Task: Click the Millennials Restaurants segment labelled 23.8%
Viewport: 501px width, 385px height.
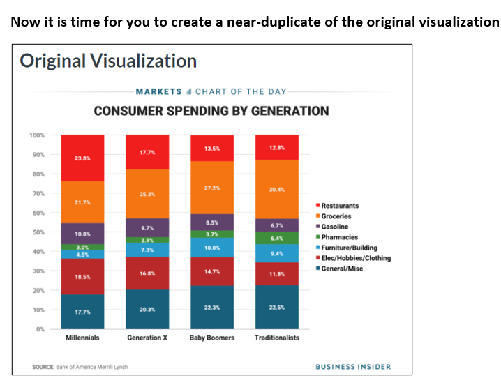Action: click(x=82, y=158)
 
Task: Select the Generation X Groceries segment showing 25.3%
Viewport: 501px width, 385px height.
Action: click(x=147, y=194)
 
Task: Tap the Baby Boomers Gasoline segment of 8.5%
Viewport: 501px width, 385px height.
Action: click(x=212, y=222)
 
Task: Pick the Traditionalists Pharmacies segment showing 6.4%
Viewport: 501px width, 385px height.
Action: click(x=277, y=238)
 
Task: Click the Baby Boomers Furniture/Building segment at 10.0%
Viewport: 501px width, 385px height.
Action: click(x=212, y=248)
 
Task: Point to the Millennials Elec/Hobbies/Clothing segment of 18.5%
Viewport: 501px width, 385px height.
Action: click(x=82, y=277)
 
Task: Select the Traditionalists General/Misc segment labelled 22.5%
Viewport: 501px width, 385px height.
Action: click(x=277, y=307)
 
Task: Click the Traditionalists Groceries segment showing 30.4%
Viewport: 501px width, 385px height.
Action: click(x=277, y=189)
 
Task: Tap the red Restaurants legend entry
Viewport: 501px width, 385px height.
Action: click(x=338, y=206)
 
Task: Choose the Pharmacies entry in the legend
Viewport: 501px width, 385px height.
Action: click(x=338, y=237)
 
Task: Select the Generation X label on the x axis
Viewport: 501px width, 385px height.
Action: click(x=147, y=338)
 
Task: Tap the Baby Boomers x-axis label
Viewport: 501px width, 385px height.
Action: click(x=212, y=338)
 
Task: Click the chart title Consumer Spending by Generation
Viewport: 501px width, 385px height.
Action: click(x=211, y=111)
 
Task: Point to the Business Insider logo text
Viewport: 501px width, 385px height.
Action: click(x=353, y=367)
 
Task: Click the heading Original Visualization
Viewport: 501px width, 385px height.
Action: click(x=108, y=61)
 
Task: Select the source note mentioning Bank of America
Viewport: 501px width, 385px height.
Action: click(x=80, y=367)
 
